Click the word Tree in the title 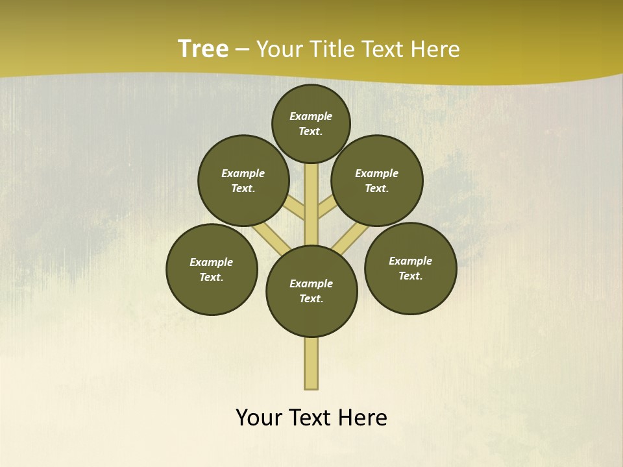point(203,49)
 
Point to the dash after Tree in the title point(242,50)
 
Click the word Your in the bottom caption point(259,418)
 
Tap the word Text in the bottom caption point(310,418)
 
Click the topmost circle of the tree point(311,123)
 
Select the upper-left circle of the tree point(243,180)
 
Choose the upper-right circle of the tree point(377,180)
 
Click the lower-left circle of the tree point(212,269)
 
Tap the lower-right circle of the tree point(410,268)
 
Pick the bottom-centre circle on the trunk point(311,291)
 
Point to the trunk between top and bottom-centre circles point(311,208)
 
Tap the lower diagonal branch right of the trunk point(350,237)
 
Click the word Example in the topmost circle point(311,116)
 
